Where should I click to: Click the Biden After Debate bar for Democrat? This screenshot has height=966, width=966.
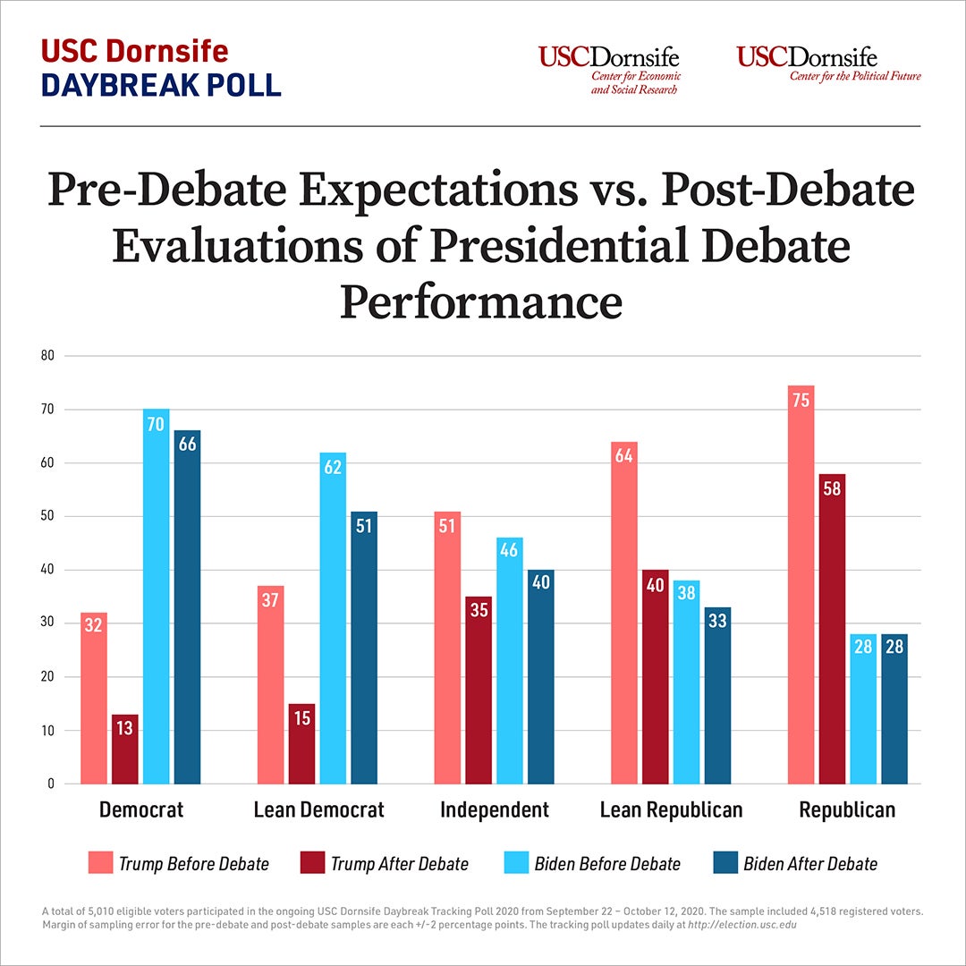(x=188, y=607)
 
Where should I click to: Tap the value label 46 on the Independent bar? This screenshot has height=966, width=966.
(x=510, y=552)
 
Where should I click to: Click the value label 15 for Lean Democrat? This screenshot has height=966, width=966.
(x=301, y=718)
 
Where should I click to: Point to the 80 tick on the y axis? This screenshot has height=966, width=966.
(x=47, y=355)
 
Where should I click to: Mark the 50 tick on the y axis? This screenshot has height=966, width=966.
(x=47, y=516)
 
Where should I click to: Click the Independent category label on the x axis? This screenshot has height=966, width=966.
(x=495, y=810)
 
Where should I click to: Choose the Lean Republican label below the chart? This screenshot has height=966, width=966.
(x=671, y=810)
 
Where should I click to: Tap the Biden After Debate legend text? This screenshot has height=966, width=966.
(x=810, y=864)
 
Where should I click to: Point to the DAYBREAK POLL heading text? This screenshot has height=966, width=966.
(x=161, y=83)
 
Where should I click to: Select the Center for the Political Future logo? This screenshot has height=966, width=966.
(x=828, y=64)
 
